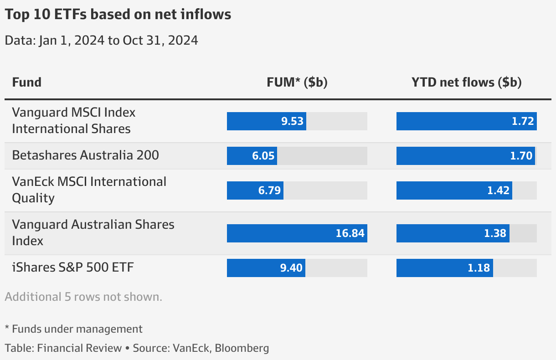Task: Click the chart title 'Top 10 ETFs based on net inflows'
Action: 118,15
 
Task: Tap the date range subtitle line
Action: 101,41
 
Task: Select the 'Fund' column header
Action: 26,82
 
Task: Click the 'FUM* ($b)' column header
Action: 297,82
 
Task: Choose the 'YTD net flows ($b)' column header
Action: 466,82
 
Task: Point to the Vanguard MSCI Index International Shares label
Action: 73,121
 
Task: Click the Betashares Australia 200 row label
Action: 85,155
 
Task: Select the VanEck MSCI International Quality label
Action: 89,190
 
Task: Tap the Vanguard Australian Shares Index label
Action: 93,233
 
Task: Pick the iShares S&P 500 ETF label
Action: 73,267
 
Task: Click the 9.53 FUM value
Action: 292,122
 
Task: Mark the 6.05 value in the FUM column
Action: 263,156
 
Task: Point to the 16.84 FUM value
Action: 350,233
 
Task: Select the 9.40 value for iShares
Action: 291,268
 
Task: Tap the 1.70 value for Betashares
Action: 521,156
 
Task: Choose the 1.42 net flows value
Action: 498,190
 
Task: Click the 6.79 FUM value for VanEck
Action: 269,190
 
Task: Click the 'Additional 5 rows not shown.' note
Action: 83,297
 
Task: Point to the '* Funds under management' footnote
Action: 73,329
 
